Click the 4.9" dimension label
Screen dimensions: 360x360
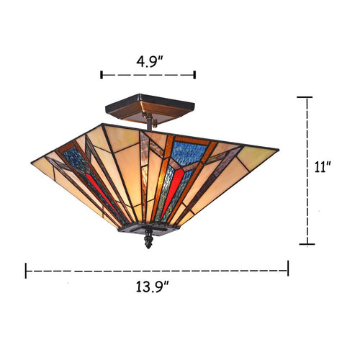pyautogui.click(x=148, y=60)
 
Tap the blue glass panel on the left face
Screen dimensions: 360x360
pyautogui.click(x=78, y=161)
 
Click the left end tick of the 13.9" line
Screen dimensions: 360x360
pyautogui.click(x=27, y=270)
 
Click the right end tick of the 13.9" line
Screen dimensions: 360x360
pyautogui.click(x=288, y=269)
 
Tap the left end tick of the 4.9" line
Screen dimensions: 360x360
pyautogui.click(x=102, y=74)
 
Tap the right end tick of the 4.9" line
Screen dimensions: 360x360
pyautogui.click(x=195, y=74)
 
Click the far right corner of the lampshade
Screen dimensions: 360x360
pyautogui.click(x=277, y=150)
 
